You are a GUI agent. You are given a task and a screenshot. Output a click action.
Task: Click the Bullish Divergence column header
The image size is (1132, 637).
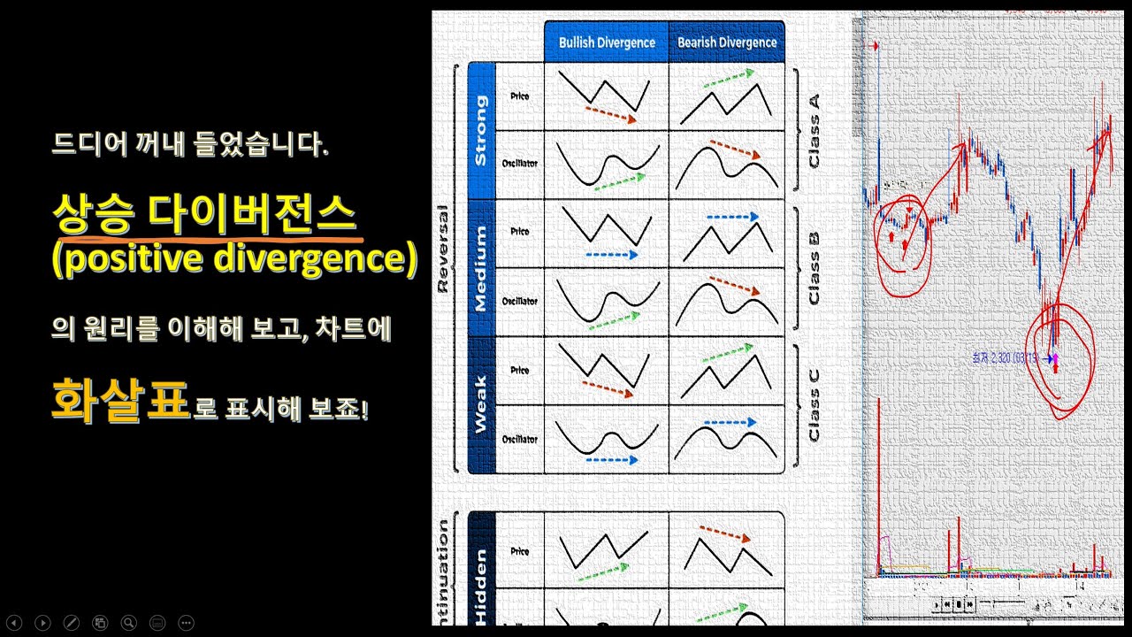(x=607, y=42)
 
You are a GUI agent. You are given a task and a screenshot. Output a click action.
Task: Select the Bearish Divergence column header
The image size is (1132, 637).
(x=727, y=42)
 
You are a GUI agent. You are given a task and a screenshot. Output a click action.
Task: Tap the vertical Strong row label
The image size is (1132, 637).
(x=480, y=130)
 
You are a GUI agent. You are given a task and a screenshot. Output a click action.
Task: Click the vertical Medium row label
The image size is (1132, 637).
(x=480, y=268)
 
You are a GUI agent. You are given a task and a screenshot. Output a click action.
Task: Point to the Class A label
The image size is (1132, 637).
(x=814, y=130)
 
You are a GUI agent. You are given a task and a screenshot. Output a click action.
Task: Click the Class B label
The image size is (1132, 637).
(x=814, y=268)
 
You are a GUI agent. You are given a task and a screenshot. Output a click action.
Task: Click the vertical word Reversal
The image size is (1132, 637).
(x=443, y=249)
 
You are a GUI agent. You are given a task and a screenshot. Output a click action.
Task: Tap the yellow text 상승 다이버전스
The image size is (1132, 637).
(x=203, y=213)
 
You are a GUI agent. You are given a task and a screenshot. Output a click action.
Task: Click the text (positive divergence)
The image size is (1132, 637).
(x=234, y=260)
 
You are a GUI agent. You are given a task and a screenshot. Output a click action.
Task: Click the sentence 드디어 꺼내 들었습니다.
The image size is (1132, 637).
(x=190, y=144)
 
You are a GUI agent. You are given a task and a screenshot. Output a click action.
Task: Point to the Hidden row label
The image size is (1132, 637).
(x=480, y=584)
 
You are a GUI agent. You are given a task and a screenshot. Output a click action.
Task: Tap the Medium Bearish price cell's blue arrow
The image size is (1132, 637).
(x=732, y=216)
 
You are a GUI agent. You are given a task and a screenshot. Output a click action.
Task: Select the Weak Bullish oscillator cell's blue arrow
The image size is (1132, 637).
(x=611, y=460)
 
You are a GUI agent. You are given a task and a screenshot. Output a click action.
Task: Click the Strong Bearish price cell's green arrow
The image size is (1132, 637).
(x=730, y=80)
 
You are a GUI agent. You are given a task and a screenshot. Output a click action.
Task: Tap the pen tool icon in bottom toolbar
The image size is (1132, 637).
(x=71, y=623)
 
